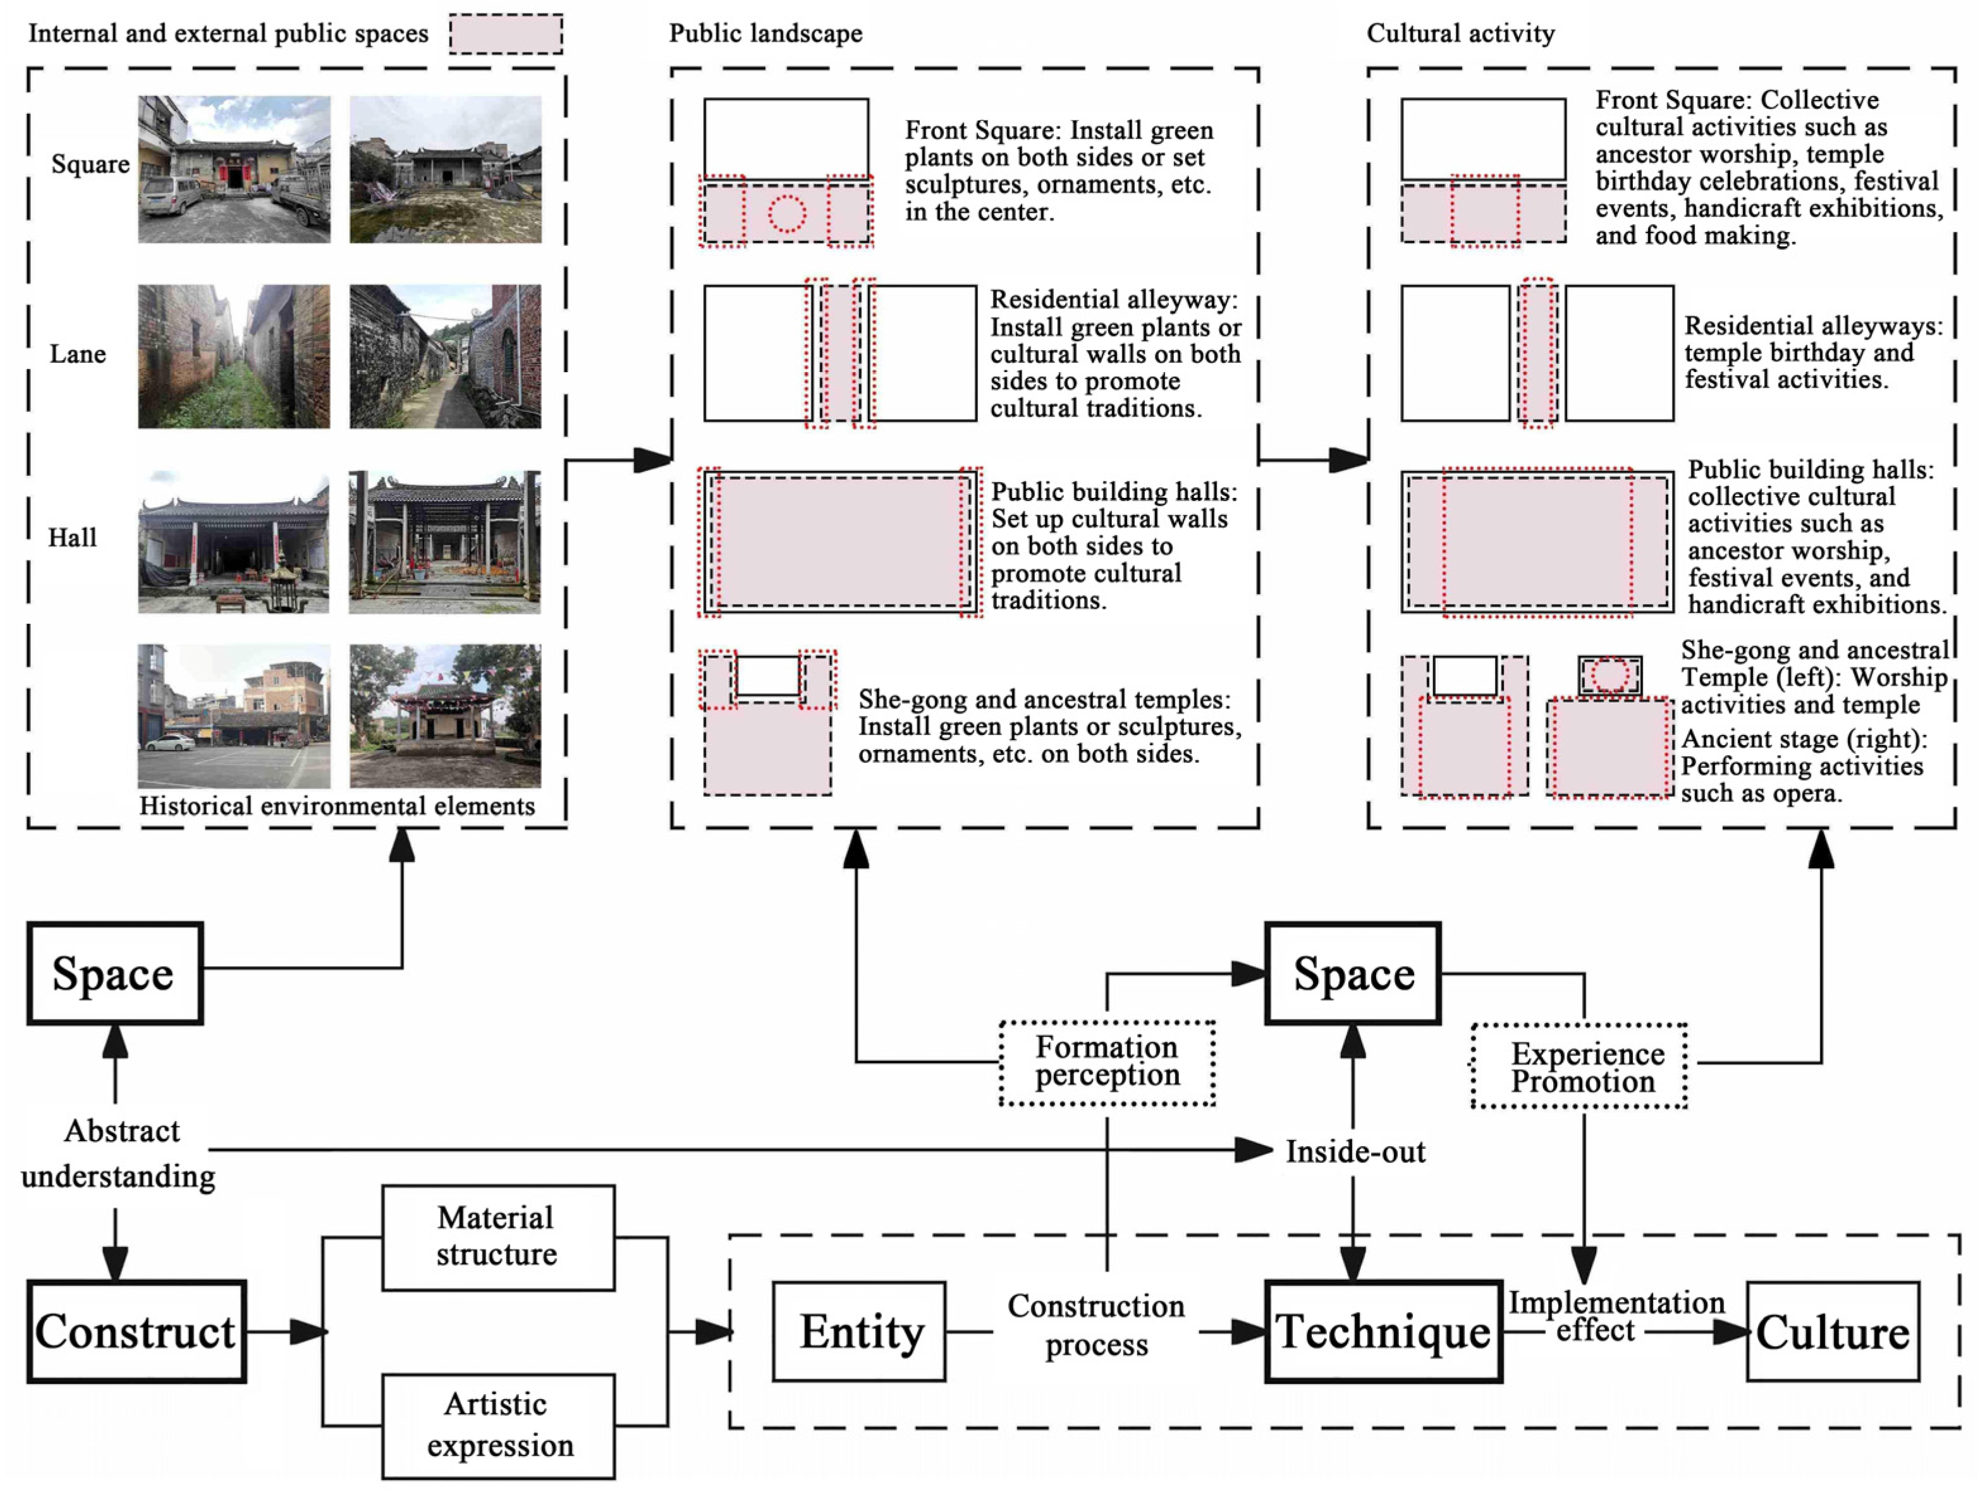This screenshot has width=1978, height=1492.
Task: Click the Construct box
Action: [136, 1331]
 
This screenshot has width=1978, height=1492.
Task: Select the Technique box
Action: [1383, 1331]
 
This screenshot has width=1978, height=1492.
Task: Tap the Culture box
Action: [1832, 1331]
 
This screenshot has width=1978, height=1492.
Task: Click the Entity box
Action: [858, 1331]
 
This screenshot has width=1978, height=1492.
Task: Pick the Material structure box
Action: [498, 1237]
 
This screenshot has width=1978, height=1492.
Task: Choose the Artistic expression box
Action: [498, 1425]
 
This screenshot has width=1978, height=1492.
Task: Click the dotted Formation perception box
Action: [1107, 1062]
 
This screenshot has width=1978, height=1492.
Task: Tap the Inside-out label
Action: [1355, 1151]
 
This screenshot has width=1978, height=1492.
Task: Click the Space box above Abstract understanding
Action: [114, 973]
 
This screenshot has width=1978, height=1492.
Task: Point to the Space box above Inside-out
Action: [1352, 973]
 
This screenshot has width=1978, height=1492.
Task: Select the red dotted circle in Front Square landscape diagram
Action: [787, 214]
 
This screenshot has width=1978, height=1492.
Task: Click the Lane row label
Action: [78, 354]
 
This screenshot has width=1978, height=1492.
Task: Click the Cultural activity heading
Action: [1460, 34]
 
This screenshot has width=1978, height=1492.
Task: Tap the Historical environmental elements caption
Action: [337, 806]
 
